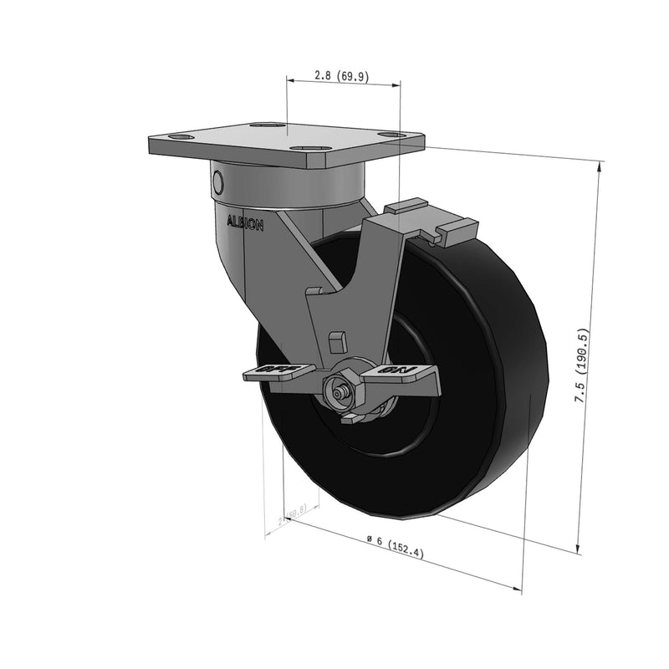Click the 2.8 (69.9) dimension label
341,75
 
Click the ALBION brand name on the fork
245,224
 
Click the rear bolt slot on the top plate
268,125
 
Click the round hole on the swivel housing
218,181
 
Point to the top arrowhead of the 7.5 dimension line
600,166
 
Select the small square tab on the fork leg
338,341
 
